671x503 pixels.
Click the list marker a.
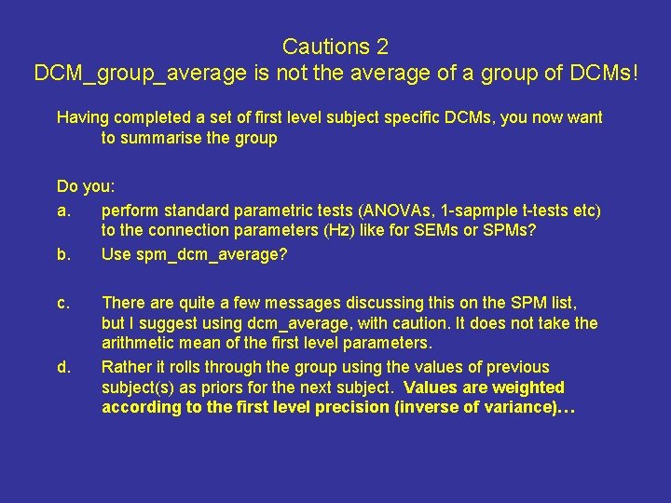point(63,210)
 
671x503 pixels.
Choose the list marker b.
point(63,254)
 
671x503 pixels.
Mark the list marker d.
point(63,367)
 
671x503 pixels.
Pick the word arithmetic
point(139,344)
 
